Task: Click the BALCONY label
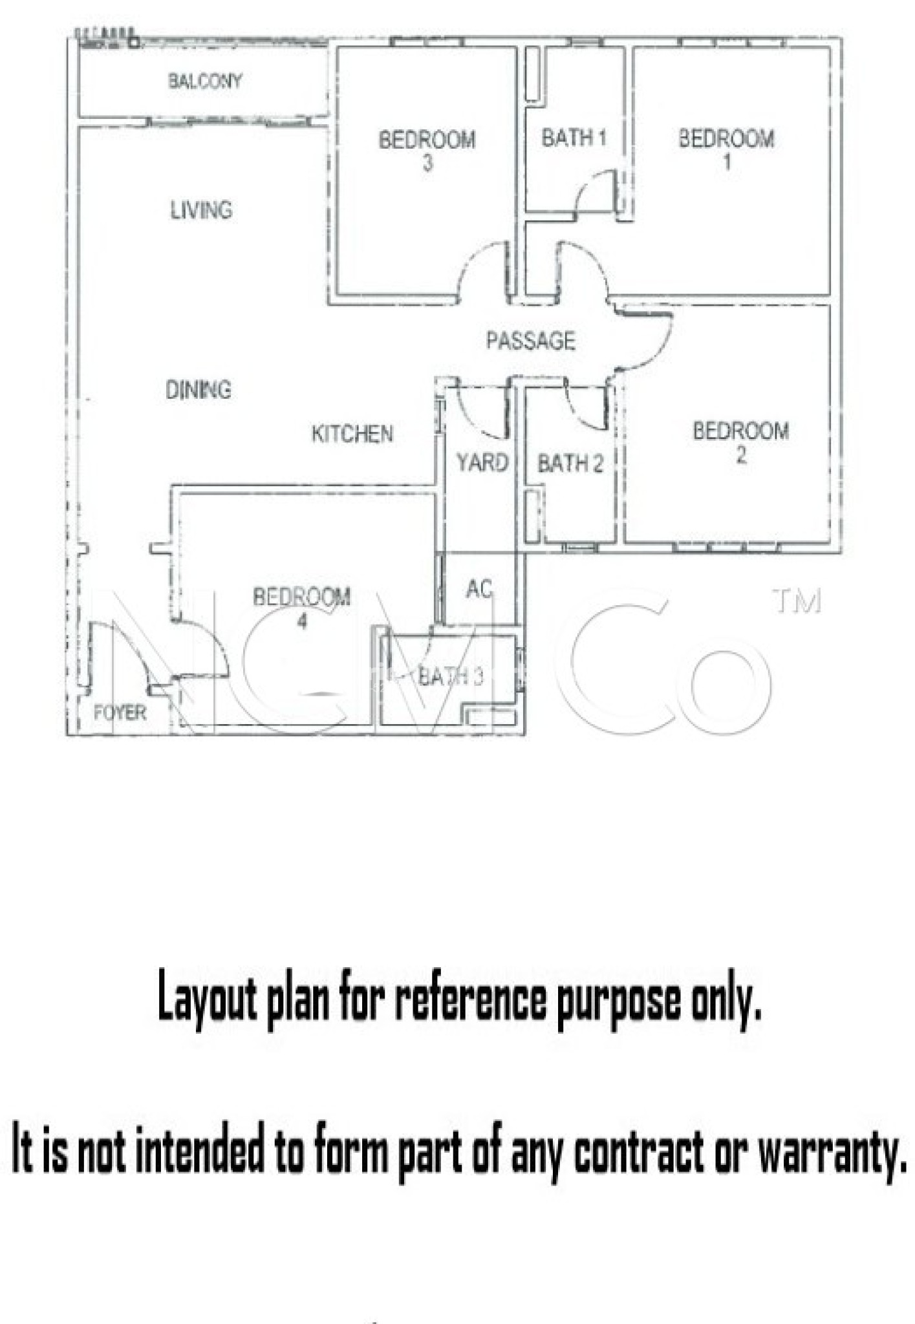205,81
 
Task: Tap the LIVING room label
201,210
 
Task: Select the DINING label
199,390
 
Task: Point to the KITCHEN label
352,434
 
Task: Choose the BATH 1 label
574,138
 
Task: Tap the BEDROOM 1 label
726,149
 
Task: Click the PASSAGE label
531,341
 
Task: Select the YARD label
482,463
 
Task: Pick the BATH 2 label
570,464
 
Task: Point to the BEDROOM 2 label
740,442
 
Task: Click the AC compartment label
479,589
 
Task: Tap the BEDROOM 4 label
302,607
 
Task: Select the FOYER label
120,713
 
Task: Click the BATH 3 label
451,677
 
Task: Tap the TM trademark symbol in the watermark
797,601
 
